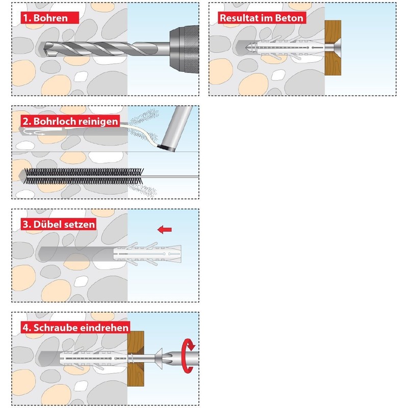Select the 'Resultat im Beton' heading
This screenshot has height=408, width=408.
261,17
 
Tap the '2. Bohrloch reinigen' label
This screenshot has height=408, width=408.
70,121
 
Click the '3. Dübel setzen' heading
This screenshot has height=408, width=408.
58,224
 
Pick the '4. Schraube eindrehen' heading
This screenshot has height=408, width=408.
75,327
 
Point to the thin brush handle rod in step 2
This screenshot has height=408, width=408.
168,177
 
